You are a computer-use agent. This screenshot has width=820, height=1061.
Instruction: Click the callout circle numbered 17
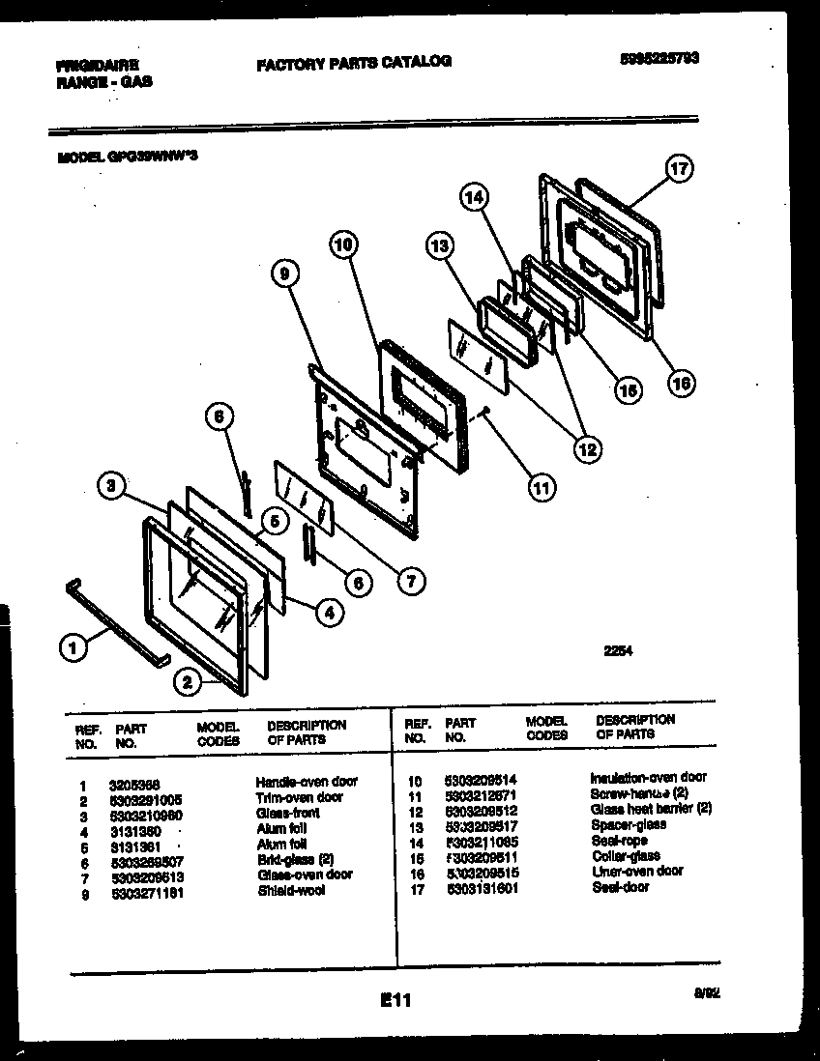pyautogui.click(x=679, y=170)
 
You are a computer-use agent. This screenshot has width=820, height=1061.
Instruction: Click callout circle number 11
pyautogui.click(x=542, y=488)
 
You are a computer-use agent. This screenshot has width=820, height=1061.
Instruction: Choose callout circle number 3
pyautogui.click(x=112, y=488)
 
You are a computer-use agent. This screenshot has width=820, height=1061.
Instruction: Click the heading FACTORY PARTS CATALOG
pyautogui.click(x=354, y=62)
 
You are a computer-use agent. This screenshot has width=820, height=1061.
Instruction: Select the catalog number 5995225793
pyautogui.click(x=659, y=58)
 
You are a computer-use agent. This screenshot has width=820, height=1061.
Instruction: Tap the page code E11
pyautogui.click(x=396, y=1002)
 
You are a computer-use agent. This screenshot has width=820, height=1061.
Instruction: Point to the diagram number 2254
pyautogui.click(x=618, y=650)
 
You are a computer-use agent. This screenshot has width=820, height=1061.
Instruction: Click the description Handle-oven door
pyautogui.click(x=307, y=781)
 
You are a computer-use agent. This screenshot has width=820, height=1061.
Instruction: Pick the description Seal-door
pyautogui.click(x=621, y=886)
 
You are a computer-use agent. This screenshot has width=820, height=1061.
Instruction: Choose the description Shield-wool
pyautogui.click(x=291, y=890)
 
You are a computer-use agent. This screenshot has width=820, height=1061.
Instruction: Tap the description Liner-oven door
pyautogui.click(x=637, y=871)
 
